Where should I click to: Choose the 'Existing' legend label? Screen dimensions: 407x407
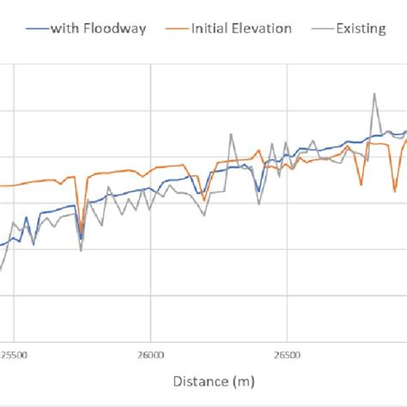pyautogui.click(x=361, y=28)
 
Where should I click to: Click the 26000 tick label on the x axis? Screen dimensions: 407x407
pyautogui.click(x=150, y=354)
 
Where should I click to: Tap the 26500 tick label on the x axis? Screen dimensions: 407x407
pyautogui.click(x=285, y=354)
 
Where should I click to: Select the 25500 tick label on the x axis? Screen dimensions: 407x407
pyautogui.click(x=15, y=354)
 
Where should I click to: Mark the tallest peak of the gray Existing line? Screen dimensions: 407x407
pyautogui.click(x=374, y=94)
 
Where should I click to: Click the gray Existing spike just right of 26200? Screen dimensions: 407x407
pyautogui.click(x=231, y=134)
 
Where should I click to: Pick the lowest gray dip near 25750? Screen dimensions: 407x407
pyautogui.click(x=81, y=250)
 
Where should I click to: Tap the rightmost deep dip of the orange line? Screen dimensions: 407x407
pyautogui.click(x=395, y=191)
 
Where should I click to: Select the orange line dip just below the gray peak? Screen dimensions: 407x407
pyautogui.click(x=361, y=183)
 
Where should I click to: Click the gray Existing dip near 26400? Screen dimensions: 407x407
pyautogui.click(x=258, y=204)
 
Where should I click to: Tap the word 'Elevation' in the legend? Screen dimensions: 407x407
pyautogui.click(x=262, y=28)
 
